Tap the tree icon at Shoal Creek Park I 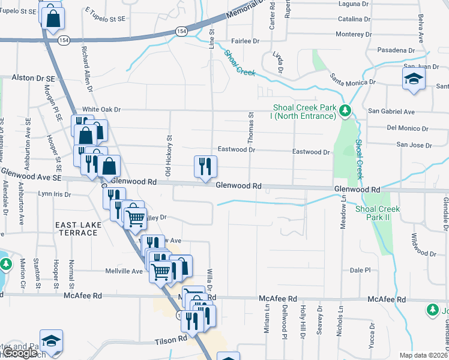click(x=345, y=110)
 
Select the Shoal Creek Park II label click(x=378, y=212)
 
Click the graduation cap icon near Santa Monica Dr click(x=413, y=79)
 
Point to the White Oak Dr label click(x=101, y=109)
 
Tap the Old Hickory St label click(x=169, y=157)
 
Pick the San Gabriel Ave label click(x=391, y=112)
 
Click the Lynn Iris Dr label click(x=55, y=194)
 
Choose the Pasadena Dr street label click(x=396, y=50)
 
